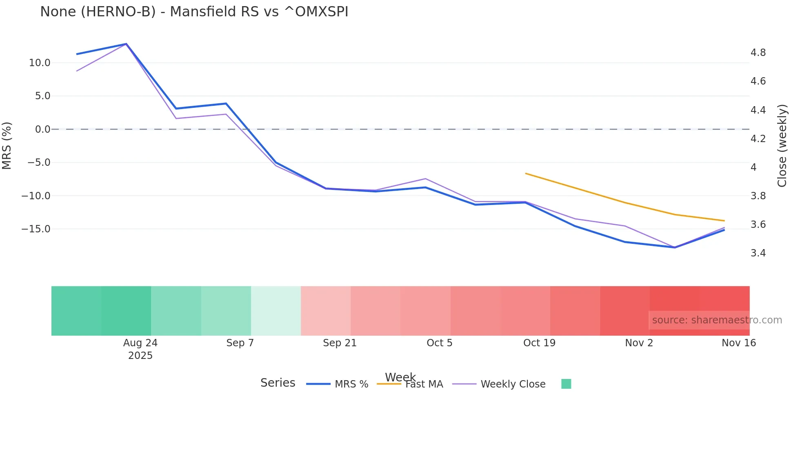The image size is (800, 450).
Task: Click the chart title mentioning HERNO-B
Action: click(x=194, y=12)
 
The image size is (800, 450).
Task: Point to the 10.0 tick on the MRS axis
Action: click(x=40, y=63)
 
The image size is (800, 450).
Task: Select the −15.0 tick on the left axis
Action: click(x=36, y=229)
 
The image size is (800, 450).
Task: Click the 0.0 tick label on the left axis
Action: click(x=43, y=129)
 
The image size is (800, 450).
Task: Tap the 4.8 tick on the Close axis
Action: click(x=758, y=53)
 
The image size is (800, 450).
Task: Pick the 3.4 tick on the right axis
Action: click(x=758, y=253)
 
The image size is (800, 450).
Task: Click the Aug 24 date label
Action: click(x=140, y=343)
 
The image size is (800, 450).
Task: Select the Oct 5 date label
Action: click(x=440, y=343)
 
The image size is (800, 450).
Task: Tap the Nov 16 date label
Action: click(x=739, y=343)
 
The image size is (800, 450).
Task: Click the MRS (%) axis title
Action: click(x=7, y=145)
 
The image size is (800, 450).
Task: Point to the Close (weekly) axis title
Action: click(x=782, y=145)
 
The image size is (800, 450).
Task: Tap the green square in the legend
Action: click(x=566, y=384)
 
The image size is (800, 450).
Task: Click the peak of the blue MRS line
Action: click(x=126, y=44)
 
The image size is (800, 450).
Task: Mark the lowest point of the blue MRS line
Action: click(x=675, y=247)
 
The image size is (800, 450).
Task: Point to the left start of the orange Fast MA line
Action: click(x=526, y=174)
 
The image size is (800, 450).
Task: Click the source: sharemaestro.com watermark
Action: click(x=717, y=320)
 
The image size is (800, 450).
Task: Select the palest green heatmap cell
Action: click(x=276, y=311)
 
